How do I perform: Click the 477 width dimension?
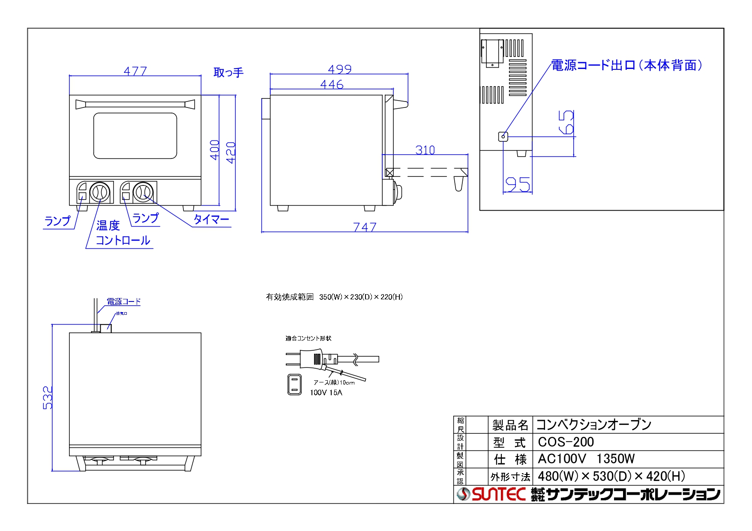tap(135, 71)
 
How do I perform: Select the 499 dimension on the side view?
tap(340, 69)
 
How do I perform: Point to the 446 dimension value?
tap(332, 84)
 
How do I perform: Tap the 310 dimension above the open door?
tap(425, 150)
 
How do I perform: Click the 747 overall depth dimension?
tap(365, 227)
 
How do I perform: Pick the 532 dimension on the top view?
tap(48, 398)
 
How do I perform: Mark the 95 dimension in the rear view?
tap(518, 185)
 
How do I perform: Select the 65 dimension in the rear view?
tap(566, 122)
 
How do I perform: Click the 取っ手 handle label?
tap(228, 72)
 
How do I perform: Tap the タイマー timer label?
tap(211, 219)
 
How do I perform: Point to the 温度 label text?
tap(108, 225)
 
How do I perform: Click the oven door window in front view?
tap(135, 136)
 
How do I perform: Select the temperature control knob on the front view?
tap(100, 192)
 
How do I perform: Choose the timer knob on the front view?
tap(143, 192)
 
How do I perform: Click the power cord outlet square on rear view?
tap(503, 137)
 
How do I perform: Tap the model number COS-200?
tap(566, 442)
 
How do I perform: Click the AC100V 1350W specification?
tap(586, 459)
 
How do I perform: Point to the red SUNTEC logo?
tap(499, 495)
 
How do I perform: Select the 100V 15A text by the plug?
tap(326, 393)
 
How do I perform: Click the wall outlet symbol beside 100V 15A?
tap(294, 384)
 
